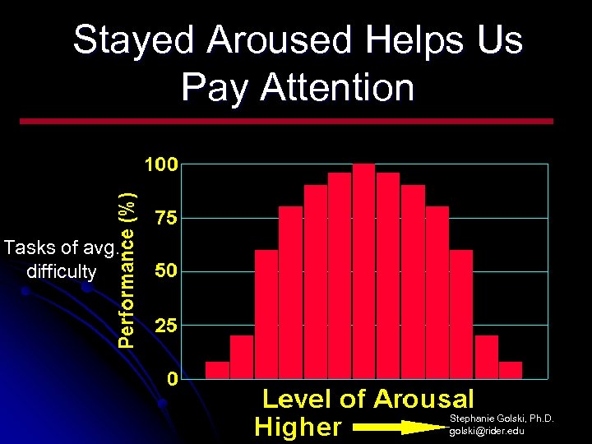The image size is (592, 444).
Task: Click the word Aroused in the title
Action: pos(276,40)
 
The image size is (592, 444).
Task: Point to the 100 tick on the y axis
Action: pos(161,165)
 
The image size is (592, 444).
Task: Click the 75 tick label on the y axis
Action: pos(165,219)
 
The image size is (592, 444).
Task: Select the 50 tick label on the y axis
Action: pos(165,272)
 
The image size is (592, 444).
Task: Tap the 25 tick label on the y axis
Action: pos(165,326)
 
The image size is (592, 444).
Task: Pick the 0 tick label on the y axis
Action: pos(172,379)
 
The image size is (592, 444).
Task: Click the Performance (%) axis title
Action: pos(127,269)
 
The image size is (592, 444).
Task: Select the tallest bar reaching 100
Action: pos(363,271)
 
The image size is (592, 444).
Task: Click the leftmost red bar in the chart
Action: pos(217,370)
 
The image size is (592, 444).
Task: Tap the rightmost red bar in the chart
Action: pos(511,370)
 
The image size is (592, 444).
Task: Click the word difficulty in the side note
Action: pos(62,271)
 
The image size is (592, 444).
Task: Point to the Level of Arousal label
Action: pos(368,400)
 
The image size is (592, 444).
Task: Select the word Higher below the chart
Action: pos(298,427)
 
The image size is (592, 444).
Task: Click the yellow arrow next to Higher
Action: pos(400,427)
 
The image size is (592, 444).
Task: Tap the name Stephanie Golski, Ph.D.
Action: pos(502,419)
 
